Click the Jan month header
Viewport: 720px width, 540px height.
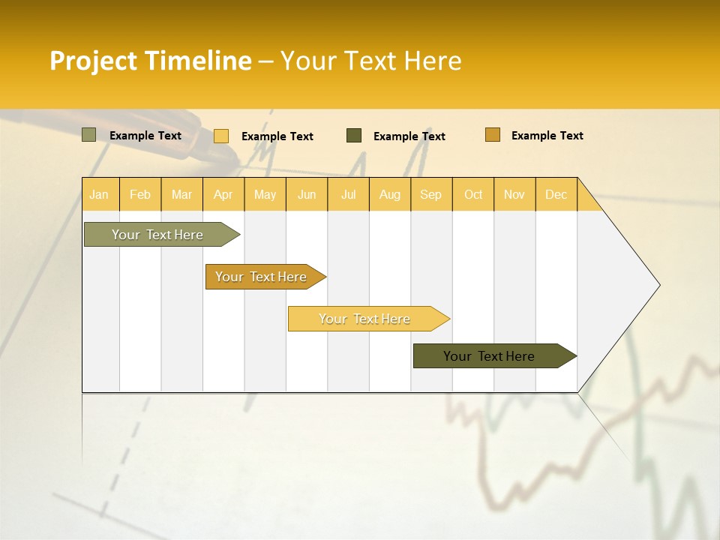point(99,194)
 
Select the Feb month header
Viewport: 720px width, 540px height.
point(140,194)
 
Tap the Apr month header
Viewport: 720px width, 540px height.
point(223,194)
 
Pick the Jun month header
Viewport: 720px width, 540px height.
point(307,194)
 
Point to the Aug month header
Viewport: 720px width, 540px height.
point(389,194)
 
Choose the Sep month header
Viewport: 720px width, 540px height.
point(430,194)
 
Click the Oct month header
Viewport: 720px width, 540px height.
point(473,194)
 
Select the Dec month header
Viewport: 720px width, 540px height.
point(556,194)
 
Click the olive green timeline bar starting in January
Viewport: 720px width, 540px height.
point(157,235)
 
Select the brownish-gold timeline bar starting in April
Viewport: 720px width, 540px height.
point(261,277)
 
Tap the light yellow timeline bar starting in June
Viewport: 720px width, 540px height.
point(364,319)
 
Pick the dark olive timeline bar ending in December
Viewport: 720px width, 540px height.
point(489,356)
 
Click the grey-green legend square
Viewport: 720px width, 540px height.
point(89,135)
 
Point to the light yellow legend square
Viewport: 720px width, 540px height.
point(221,136)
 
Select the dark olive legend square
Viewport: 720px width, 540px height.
point(354,136)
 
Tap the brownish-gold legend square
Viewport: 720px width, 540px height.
point(493,135)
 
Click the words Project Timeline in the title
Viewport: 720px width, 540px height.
point(151,61)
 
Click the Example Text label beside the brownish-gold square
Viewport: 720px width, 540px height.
point(547,136)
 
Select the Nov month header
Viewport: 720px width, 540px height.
point(514,194)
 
